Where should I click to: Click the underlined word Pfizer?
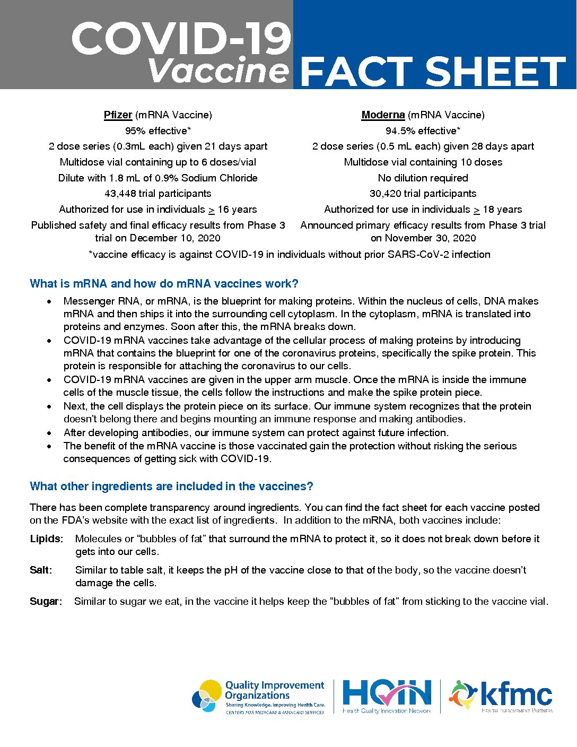point(118,115)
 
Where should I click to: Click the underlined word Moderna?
point(383,115)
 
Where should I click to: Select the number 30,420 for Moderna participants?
point(387,194)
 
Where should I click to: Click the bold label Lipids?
point(47,538)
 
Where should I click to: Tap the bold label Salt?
point(41,570)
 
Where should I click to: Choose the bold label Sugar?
point(46,601)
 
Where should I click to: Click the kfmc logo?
point(501,696)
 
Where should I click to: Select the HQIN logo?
point(387,696)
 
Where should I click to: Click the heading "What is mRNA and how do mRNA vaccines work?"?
point(164,283)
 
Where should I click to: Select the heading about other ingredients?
point(171,486)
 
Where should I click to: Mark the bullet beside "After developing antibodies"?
point(49,432)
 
